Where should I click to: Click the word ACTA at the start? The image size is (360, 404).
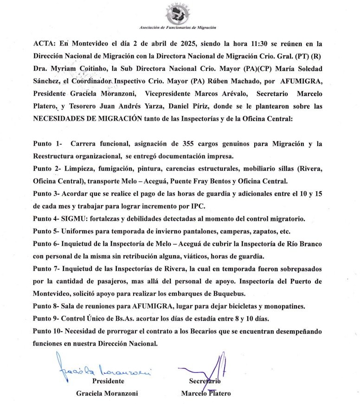(x=45, y=43)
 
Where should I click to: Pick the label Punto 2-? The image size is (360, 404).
(x=48, y=168)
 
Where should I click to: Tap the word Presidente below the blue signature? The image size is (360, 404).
(x=108, y=381)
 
